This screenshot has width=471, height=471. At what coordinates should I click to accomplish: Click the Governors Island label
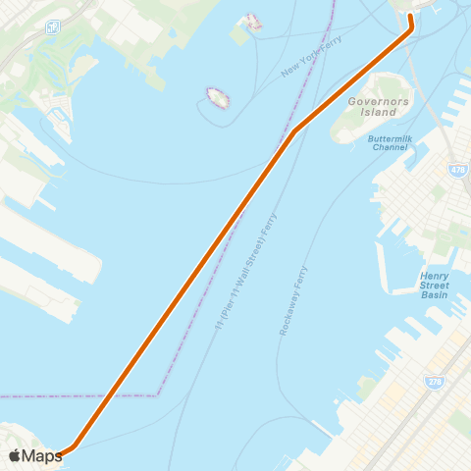(x=372, y=106)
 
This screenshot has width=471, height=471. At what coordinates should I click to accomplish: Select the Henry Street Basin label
(x=435, y=285)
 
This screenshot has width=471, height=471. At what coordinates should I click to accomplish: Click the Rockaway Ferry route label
(x=293, y=300)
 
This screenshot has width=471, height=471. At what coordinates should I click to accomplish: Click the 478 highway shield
(x=458, y=171)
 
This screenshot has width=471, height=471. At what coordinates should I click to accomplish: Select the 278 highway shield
(x=434, y=380)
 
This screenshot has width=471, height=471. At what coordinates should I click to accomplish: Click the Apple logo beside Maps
(x=15, y=455)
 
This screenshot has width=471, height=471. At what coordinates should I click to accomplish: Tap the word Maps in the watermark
(x=42, y=455)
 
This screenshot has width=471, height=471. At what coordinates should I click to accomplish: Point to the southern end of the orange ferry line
(x=59, y=454)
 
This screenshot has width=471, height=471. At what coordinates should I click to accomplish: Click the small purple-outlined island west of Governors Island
(x=217, y=97)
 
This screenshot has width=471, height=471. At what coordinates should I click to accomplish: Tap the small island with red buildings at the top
(x=251, y=22)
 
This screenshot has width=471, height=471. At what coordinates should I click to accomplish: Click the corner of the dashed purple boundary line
(x=158, y=395)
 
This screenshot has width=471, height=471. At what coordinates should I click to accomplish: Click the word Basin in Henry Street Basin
(x=435, y=294)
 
